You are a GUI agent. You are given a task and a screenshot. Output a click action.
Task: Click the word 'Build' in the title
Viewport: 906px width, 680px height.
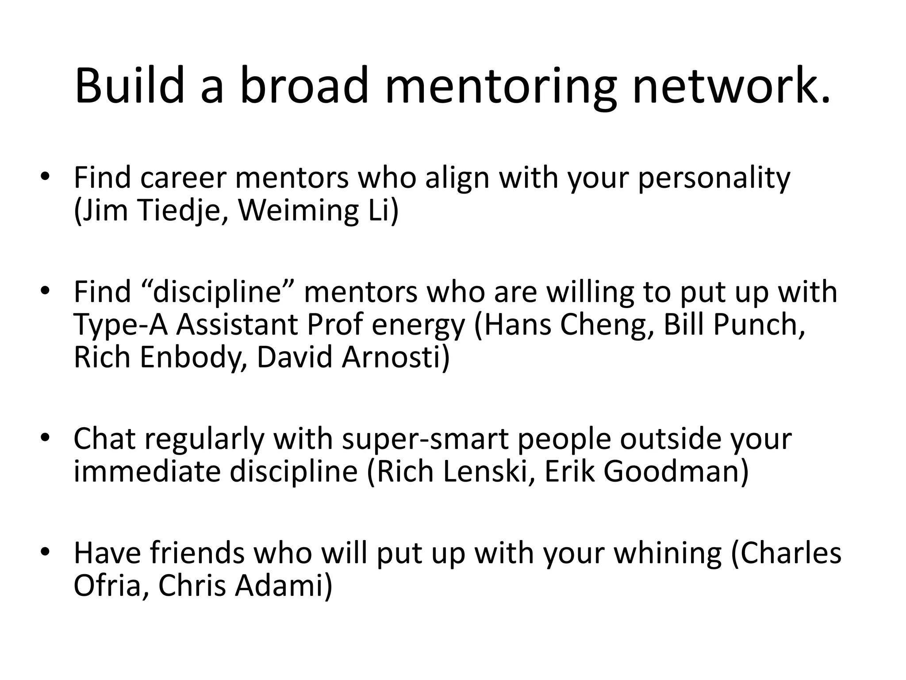pos(129,85)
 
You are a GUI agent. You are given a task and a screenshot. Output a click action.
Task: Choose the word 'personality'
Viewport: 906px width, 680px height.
pos(714,179)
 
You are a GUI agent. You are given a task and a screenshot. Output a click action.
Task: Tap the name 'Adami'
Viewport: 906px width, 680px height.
pos(283,586)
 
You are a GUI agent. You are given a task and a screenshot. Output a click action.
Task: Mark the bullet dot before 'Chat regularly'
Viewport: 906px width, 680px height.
pos(45,438)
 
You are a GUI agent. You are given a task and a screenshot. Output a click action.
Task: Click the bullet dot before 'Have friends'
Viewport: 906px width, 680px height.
pos(45,552)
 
